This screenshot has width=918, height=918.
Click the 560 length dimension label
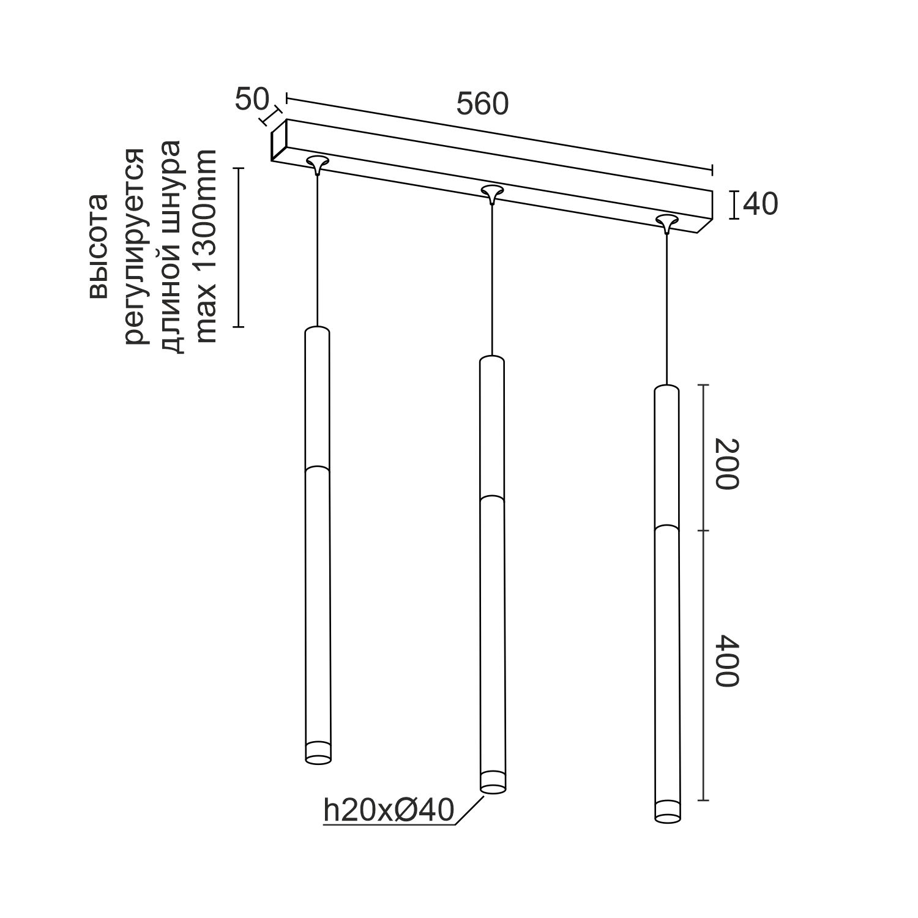click(x=482, y=105)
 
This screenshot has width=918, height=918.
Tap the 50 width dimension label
click(x=252, y=100)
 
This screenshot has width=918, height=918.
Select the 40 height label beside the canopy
click(x=760, y=204)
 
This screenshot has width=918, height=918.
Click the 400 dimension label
click(x=727, y=660)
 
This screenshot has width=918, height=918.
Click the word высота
click(x=98, y=246)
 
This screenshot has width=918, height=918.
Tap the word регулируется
click(x=135, y=246)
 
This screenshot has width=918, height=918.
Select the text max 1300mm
click(x=205, y=246)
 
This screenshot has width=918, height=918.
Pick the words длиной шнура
click(x=170, y=246)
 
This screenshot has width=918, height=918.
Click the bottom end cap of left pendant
click(x=318, y=753)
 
